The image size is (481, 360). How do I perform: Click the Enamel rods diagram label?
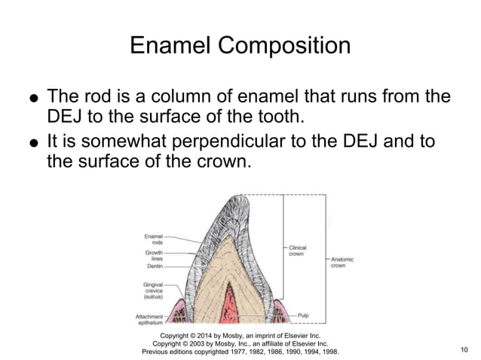click(152, 240)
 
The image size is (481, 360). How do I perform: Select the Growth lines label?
click(152, 255)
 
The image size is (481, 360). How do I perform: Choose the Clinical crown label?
click(298, 251)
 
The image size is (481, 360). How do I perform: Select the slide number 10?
click(463, 350)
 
